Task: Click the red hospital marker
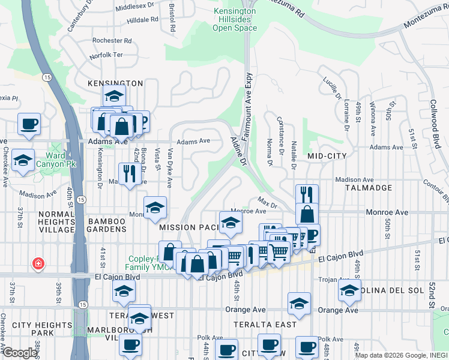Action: click(x=38, y=264)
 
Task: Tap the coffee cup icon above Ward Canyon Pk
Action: click(x=29, y=124)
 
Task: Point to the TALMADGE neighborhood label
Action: click(x=364, y=187)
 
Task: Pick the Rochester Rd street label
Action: click(x=112, y=41)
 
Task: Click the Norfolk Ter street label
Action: click(x=106, y=55)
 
